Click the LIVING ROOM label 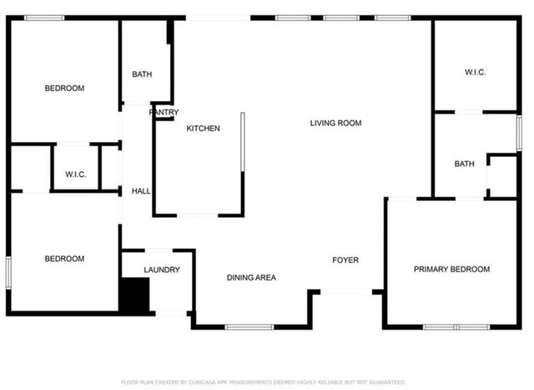(x=335, y=124)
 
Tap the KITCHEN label (x=203, y=129)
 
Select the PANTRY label (x=164, y=112)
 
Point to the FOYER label (x=345, y=261)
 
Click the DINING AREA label (x=251, y=277)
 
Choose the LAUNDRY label (x=162, y=270)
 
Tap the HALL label (x=141, y=191)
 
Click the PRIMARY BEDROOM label (x=451, y=270)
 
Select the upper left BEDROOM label (x=64, y=89)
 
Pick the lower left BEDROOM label (x=64, y=259)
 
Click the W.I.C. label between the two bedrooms (x=76, y=175)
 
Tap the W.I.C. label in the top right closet (x=475, y=73)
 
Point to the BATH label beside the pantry (x=142, y=75)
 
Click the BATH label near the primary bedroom (x=464, y=165)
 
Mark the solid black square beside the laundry (x=133, y=296)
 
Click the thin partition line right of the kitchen (x=242, y=142)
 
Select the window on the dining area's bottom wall (x=249, y=327)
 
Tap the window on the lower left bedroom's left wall (x=8, y=272)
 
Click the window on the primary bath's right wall (x=518, y=134)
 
